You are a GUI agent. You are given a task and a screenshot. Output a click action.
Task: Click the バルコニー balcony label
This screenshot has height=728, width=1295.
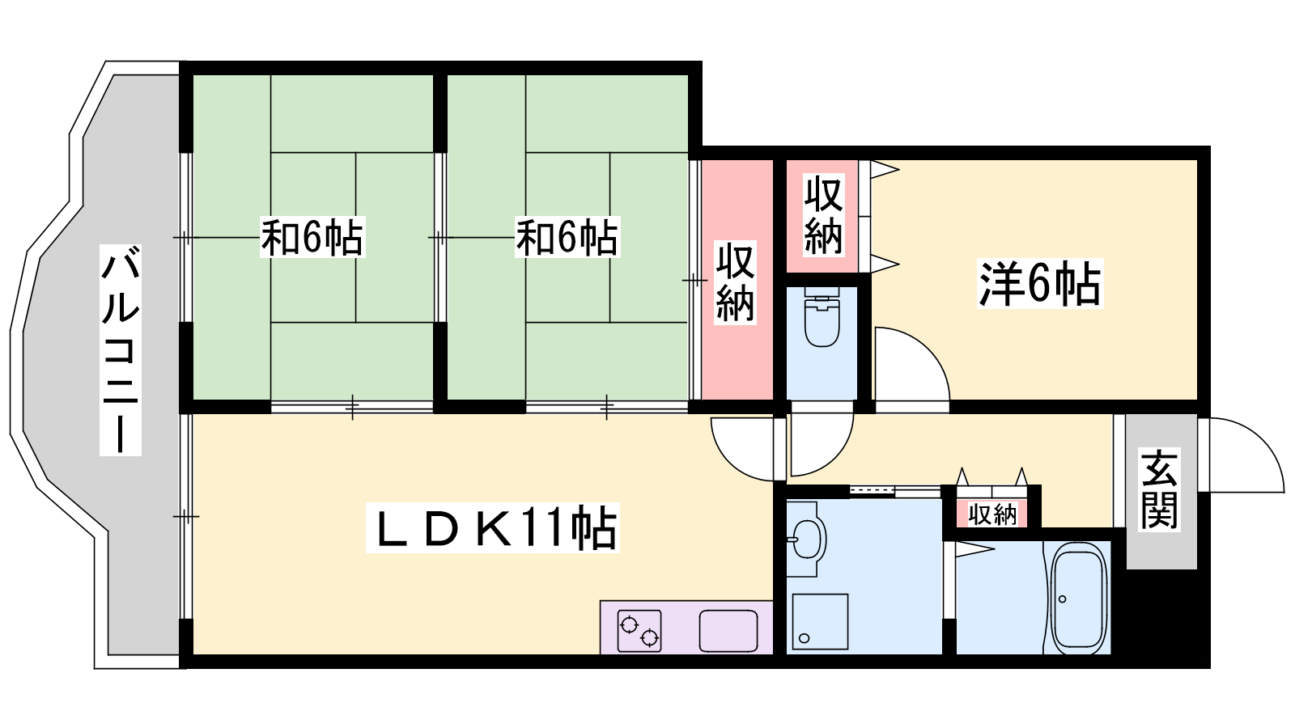pos(121,349)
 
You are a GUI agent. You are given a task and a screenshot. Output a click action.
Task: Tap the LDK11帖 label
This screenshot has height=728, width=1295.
pos(493,527)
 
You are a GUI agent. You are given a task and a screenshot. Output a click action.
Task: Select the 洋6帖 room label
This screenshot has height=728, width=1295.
pos(1039,284)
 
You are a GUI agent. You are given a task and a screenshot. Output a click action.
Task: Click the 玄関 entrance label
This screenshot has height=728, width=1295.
pos(1159,489)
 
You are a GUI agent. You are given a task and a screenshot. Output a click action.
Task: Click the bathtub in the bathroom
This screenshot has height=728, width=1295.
pos(1078,598)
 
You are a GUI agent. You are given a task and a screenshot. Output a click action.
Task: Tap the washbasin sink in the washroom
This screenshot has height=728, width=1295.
pos(806,539)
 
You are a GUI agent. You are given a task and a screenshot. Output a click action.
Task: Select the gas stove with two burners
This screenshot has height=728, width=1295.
pos(639,631)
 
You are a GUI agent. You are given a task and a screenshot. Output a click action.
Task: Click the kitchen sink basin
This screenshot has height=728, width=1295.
pos(728,631)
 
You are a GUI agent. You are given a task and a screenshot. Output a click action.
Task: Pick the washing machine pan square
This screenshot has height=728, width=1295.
pos(821,622)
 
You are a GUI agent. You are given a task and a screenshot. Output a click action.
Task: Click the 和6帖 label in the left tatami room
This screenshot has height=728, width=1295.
pos(312,237)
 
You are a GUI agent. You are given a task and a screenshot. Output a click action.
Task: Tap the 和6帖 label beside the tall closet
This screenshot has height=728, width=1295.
pos(567,237)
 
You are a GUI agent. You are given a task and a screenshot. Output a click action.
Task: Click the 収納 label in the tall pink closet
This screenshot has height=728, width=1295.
pos(736,282)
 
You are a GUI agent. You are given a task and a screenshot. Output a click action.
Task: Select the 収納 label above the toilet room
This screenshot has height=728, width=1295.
pos(823,216)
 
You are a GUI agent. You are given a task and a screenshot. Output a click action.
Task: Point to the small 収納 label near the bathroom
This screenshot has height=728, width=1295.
pos(992,514)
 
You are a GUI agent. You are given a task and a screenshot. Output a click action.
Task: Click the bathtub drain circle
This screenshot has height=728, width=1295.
pos(1062,599)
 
